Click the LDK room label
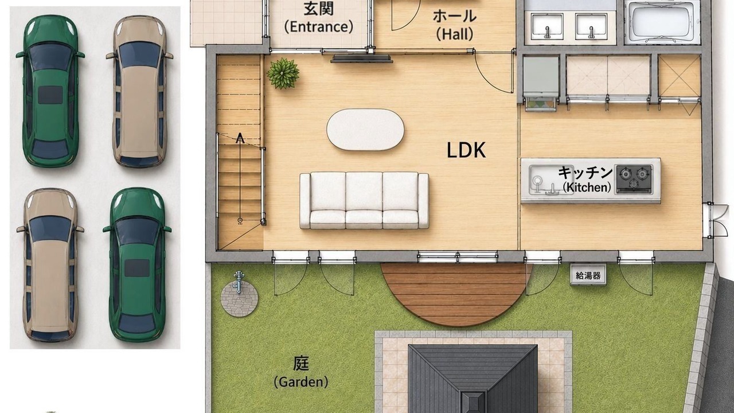(466, 150)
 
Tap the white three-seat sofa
(364, 200)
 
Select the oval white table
(365, 130)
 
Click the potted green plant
(283, 73)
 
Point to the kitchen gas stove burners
(634, 179)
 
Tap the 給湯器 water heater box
(588, 275)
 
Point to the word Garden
(301, 382)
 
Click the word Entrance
(319, 26)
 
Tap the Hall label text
(455, 34)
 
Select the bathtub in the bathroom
(662, 22)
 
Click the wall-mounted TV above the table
(362, 59)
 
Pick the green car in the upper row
(50, 91)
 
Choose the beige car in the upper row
(139, 91)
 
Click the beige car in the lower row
(50, 265)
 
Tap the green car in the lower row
(137, 265)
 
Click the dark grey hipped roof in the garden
(473, 379)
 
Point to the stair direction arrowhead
(240, 138)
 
